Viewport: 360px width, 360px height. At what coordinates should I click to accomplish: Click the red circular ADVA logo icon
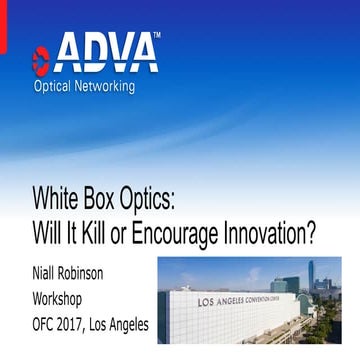(41, 56)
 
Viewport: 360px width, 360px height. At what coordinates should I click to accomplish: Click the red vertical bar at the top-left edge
(2, 25)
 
